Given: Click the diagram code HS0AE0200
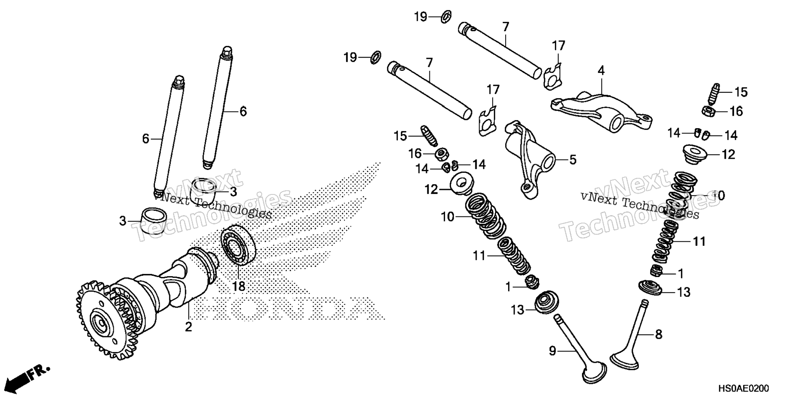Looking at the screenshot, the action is [x=743, y=388].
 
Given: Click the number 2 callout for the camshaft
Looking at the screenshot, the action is [x=188, y=327].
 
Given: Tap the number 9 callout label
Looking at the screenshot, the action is [x=552, y=351].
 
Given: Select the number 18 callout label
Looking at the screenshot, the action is [x=238, y=286].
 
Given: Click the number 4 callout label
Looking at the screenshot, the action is [x=601, y=70].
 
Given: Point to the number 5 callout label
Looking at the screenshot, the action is [x=573, y=160].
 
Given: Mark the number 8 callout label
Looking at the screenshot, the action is [x=658, y=334].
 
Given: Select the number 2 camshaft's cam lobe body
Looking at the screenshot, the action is [x=182, y=282].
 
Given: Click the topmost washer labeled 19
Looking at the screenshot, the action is [x=446, y=17].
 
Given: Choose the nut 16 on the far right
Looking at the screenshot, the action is [x=708, y=111].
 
